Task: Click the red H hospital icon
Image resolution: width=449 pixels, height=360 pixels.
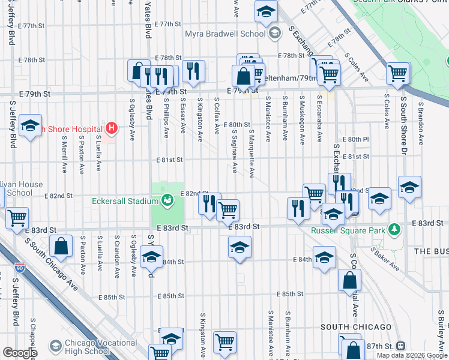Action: [110, 128]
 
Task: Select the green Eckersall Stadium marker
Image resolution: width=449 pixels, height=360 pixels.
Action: [169, 198]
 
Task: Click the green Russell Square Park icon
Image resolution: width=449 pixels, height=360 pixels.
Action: [394, 229]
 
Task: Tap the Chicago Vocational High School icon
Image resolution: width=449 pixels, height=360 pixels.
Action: [56, 346]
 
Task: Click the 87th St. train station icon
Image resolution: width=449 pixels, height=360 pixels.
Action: [400, 347]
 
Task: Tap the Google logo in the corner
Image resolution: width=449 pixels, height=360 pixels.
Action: [20, 353]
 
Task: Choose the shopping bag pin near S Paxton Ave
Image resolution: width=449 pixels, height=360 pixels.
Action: [61, 246]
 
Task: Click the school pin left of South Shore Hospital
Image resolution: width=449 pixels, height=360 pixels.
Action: [29, 126]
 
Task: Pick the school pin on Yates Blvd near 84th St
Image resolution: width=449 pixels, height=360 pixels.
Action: [151, 257]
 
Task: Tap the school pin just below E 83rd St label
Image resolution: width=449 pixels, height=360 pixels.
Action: [240, 247]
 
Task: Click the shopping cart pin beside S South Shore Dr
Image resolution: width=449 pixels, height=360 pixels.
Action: [398, 73]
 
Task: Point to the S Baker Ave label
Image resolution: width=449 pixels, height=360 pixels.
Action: [384, 257]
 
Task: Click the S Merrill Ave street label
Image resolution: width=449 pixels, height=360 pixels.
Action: [64, 152]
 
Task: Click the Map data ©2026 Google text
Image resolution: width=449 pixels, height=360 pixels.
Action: [411, 355]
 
